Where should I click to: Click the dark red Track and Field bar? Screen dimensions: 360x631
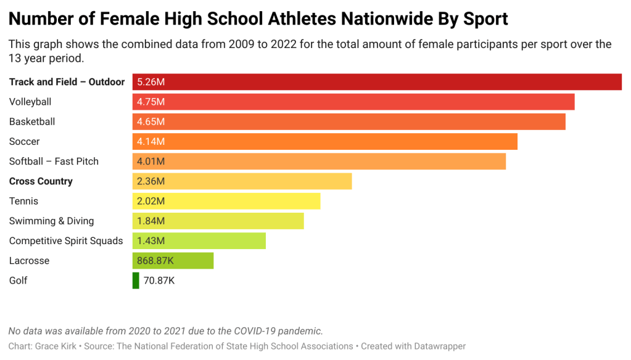tap(376, 82)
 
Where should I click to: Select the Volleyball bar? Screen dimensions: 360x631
tap(353, 102)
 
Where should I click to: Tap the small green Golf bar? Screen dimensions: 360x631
tap(136, 280)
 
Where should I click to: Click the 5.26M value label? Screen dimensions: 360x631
tap(151, 82)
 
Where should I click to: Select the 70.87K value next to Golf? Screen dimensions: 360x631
tap(159, 280)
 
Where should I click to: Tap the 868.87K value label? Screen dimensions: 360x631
tap(155, 261)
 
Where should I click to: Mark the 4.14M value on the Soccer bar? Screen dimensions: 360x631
tap(151, 142)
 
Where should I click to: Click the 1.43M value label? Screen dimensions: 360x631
tap(151, 241)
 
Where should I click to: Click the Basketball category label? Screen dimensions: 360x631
tap(32, 121)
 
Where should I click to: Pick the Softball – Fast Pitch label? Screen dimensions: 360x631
tap(54, 162)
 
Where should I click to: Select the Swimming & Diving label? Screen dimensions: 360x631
tap(52, 221)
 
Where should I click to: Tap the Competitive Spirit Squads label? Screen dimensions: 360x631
tap(66, 241)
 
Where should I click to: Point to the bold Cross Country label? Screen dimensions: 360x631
tap(41, 181)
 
